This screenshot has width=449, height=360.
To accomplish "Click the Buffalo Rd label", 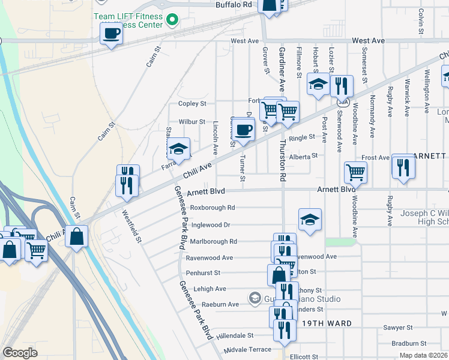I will [234, 4].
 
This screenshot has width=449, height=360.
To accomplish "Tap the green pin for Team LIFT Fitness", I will [172, 20].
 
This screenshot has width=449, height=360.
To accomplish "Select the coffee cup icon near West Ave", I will [111, 34].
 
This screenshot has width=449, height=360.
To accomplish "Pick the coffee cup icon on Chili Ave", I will [243, 130].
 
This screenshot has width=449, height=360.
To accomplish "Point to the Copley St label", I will [192, 104].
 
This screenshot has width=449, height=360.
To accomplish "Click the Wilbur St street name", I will [192, 122].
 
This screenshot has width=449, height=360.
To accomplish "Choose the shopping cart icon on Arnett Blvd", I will [356, 173].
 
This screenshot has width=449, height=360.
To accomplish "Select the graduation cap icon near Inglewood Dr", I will [310, 220].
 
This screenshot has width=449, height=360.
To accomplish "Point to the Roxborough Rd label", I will [212, 208].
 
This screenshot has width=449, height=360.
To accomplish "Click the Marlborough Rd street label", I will [214, 241].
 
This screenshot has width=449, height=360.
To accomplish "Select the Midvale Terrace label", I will [247, 349].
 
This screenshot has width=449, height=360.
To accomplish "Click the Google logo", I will [20, 353].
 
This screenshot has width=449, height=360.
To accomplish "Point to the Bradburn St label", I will [408, 344].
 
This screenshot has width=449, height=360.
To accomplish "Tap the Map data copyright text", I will [423, 355].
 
